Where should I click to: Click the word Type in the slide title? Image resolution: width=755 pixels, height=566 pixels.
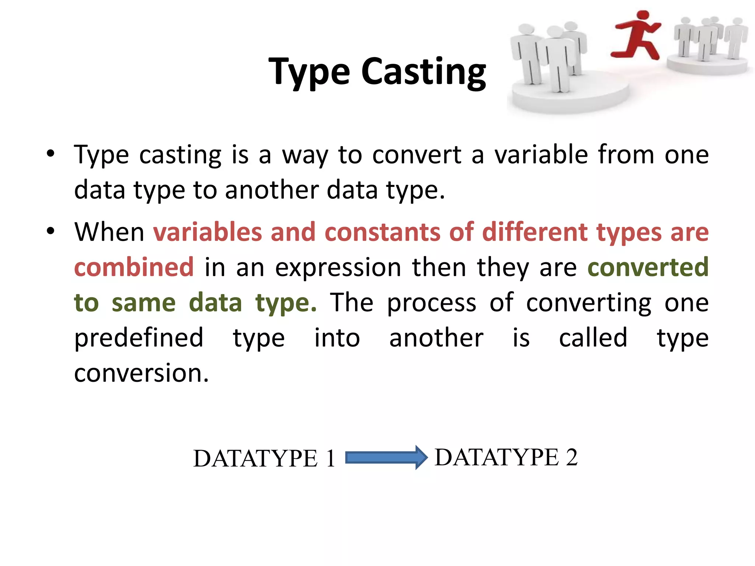309,72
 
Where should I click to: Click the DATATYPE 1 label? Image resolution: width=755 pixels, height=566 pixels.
264,459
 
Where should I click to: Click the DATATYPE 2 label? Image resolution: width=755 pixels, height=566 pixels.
506,457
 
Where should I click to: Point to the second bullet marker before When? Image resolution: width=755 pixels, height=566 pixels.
51,231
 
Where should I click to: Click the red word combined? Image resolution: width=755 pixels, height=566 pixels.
134,267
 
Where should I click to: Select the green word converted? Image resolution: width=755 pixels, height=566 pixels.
648,267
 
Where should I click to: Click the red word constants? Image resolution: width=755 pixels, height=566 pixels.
382,232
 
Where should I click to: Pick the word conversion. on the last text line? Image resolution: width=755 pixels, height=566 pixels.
141,373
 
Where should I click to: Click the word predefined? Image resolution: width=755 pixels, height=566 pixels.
139,338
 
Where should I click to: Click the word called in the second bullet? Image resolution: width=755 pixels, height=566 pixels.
593,338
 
